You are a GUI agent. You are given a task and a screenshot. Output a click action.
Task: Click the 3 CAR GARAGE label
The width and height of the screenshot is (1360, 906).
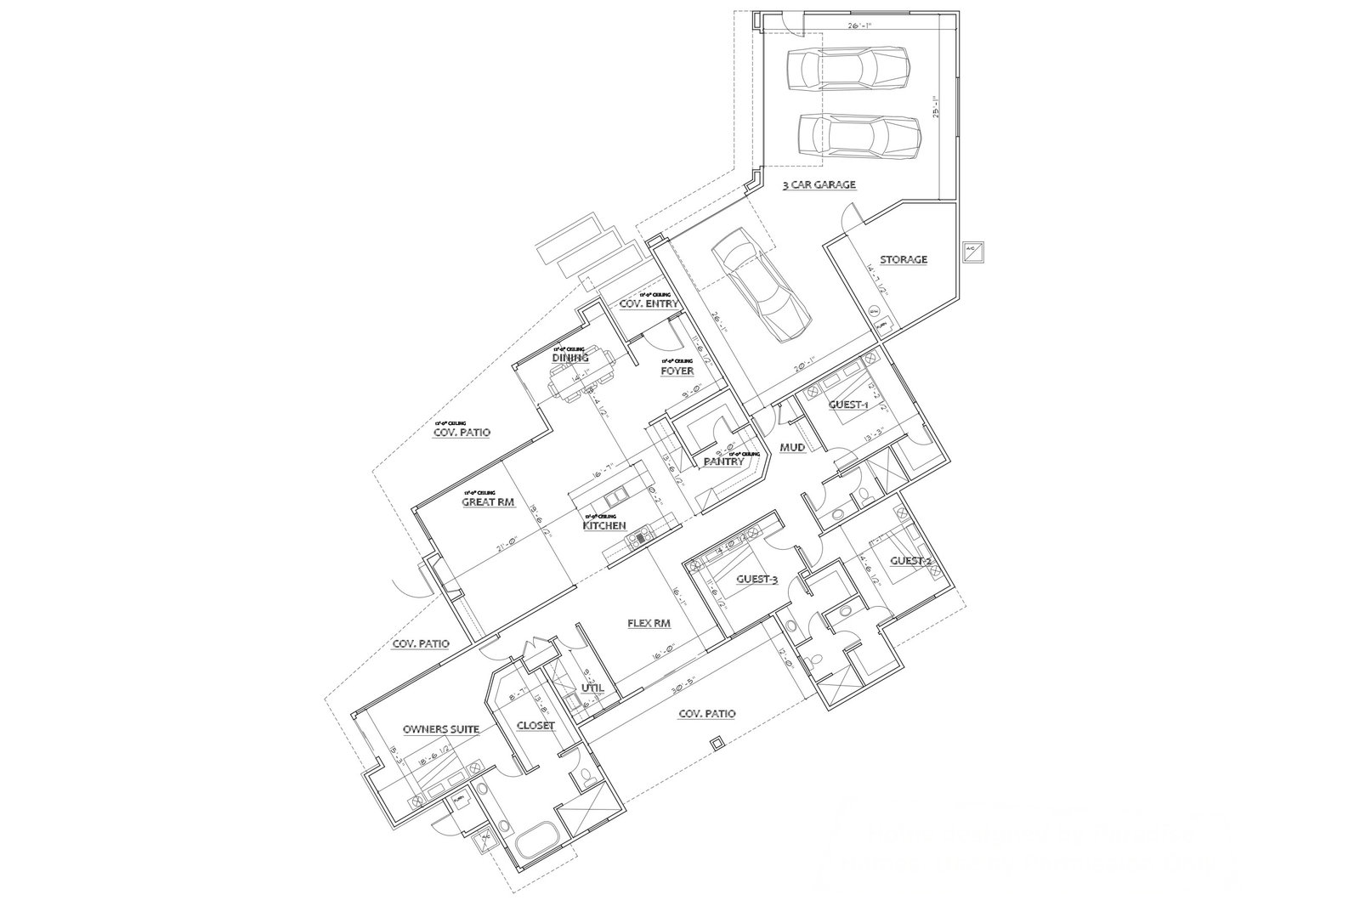coord(819,184)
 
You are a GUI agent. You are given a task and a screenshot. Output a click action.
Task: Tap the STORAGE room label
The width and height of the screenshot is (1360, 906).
coord(903,259)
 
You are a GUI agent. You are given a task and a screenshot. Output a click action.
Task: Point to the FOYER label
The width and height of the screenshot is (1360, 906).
coord(677,371)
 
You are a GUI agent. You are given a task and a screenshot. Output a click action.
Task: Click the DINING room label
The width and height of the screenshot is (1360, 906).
coord(570,358)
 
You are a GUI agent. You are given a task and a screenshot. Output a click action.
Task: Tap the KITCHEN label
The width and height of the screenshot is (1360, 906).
coord(604,525)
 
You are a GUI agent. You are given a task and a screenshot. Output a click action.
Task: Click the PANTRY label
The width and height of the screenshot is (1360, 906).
coord(723,461)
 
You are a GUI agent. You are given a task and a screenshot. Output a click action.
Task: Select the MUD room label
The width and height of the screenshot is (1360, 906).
coord(793,447)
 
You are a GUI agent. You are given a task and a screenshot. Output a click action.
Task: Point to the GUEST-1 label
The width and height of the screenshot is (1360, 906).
coord(848,405)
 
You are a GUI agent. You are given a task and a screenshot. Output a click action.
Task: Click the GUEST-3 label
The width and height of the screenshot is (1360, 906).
coord(756,579)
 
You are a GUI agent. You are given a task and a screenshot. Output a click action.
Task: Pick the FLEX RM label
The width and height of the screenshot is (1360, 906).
coord(649,623)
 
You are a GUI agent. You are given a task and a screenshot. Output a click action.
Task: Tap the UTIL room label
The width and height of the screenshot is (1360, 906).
coord(592,688)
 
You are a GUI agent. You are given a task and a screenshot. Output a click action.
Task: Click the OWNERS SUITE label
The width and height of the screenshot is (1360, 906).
coord(441,729)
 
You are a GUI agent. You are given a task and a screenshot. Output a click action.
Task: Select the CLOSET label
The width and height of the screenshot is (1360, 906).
coord(535,726)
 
